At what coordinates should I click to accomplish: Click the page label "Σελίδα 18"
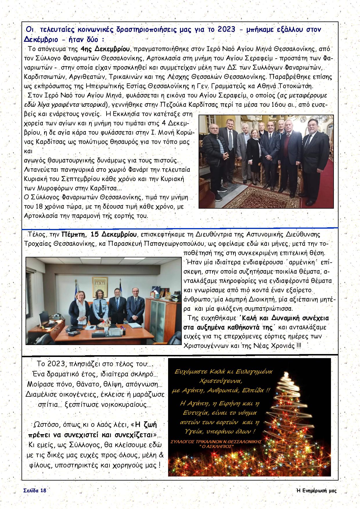(35, 490)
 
